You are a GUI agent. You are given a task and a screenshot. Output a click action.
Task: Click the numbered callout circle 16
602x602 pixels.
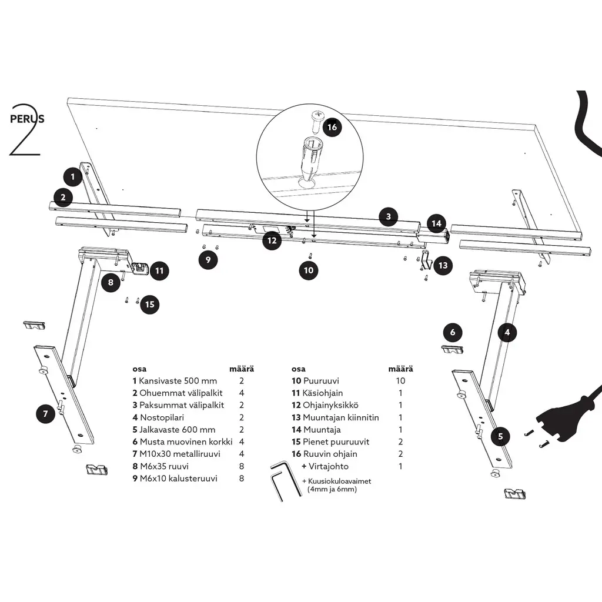332,128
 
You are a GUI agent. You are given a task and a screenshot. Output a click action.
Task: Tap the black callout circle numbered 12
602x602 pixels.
271,240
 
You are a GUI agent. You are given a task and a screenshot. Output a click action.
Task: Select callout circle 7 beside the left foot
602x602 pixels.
45,414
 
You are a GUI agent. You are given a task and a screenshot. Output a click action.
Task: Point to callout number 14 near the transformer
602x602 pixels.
436,223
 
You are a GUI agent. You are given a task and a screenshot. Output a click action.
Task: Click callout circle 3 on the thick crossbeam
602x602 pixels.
389,216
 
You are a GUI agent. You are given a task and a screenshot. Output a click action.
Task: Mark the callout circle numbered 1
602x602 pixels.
73,176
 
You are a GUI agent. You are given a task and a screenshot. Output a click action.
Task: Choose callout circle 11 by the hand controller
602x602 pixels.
159,271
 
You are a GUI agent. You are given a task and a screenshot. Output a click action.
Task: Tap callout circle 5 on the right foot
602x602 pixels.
500,436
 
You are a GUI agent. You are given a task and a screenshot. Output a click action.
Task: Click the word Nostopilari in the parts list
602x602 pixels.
160,417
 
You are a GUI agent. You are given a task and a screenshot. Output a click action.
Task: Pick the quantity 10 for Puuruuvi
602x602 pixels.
400,381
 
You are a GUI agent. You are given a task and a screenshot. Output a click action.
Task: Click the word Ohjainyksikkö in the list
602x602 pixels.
330,405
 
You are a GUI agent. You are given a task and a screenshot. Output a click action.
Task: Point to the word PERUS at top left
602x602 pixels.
27,118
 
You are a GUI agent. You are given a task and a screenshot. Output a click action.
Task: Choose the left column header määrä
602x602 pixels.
242,369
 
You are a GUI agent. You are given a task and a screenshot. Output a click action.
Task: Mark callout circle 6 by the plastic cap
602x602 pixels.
452,333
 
